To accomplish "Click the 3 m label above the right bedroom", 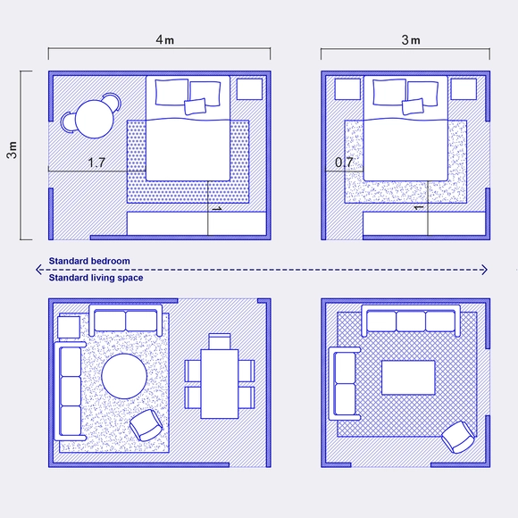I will point(410,40).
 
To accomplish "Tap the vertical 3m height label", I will point(12,151).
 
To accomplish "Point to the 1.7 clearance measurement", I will point(97,163).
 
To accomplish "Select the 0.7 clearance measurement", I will point(344,163).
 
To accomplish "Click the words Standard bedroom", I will point(89,261).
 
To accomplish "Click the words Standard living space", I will point(96,278).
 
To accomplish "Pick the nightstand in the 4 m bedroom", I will point(249,88).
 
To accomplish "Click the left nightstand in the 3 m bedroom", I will point(345,88).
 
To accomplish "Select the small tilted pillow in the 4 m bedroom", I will point(195,107).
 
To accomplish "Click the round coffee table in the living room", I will point(124,376).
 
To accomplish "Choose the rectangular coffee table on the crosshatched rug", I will point(408,377).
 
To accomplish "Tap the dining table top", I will point(220,382).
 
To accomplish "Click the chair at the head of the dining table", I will point(220,340).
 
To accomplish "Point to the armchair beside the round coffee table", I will point(146,425).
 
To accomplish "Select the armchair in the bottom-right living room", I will point(458,437).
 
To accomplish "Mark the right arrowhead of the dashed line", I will point(484,270).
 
